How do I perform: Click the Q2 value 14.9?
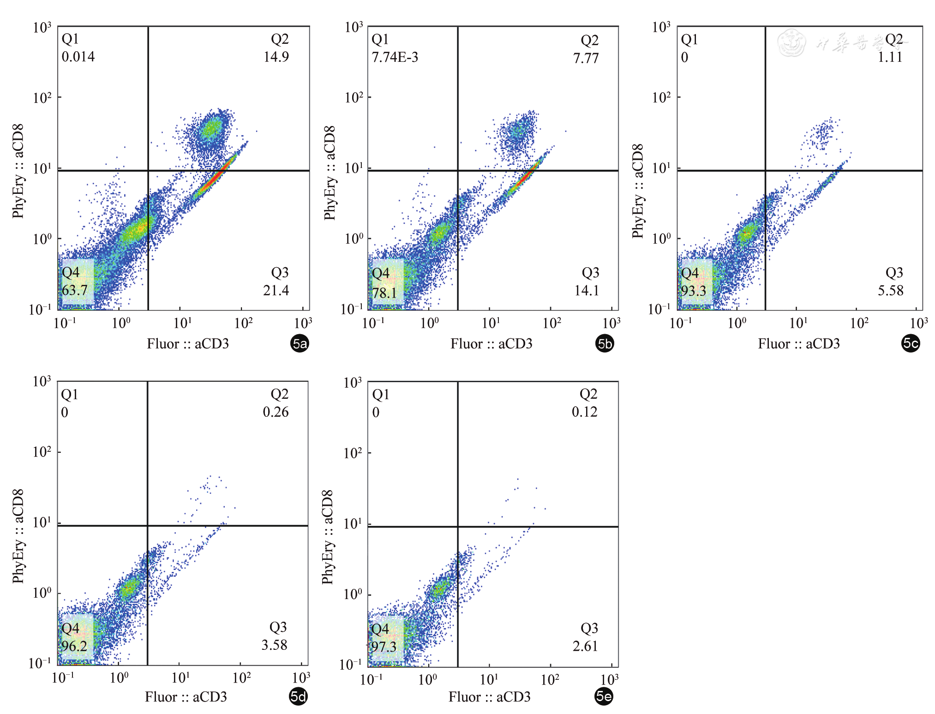point(276,57)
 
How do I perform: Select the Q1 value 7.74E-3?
point(395,57)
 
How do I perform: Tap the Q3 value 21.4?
point(276,290)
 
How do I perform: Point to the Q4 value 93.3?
point(694,291)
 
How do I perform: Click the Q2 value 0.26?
point(276,412)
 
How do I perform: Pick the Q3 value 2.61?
point(585,646)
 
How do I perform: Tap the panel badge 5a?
point(300,343)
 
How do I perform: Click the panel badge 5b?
point(605,343)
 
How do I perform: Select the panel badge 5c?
point(911,343)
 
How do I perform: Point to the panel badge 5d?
point(298,696)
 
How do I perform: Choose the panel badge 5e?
point(604,696)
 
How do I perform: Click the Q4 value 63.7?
point(75,290)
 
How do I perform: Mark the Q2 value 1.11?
point(890,57)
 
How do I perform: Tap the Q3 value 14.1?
point(587,290)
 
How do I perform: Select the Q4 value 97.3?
point(384,646)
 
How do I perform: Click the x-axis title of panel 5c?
point(798,344)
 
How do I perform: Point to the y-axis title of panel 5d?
point(18,536)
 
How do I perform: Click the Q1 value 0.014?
point(78,57)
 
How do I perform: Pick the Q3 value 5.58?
point(891,290)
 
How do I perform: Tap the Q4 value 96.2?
point(74,646)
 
